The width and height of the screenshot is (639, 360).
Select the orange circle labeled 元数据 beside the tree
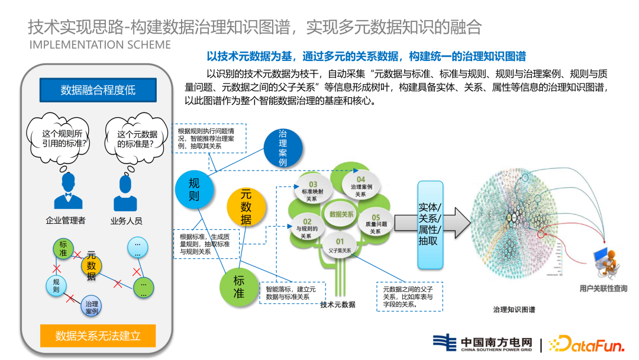246,207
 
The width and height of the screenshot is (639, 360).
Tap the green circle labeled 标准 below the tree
239,286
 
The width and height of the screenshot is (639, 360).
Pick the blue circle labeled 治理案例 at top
282,148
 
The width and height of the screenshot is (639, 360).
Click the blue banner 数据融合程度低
98,90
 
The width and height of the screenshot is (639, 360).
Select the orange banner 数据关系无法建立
98,336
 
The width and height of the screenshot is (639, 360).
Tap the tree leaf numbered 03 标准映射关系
313,191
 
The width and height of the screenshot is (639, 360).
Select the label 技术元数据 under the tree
337,304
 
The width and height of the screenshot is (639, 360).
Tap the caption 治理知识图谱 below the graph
514,309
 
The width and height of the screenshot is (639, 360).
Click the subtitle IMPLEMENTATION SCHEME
100,45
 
